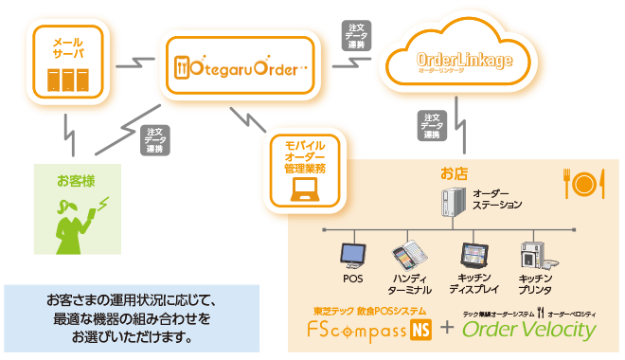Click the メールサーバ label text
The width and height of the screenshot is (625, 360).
pos(67,50)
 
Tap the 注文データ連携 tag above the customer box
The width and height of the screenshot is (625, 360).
pos(154,140)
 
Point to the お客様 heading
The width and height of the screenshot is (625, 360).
pos(76,179)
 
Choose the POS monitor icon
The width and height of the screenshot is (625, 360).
pos(352,254)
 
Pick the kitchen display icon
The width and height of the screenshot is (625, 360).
pos(473,255)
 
